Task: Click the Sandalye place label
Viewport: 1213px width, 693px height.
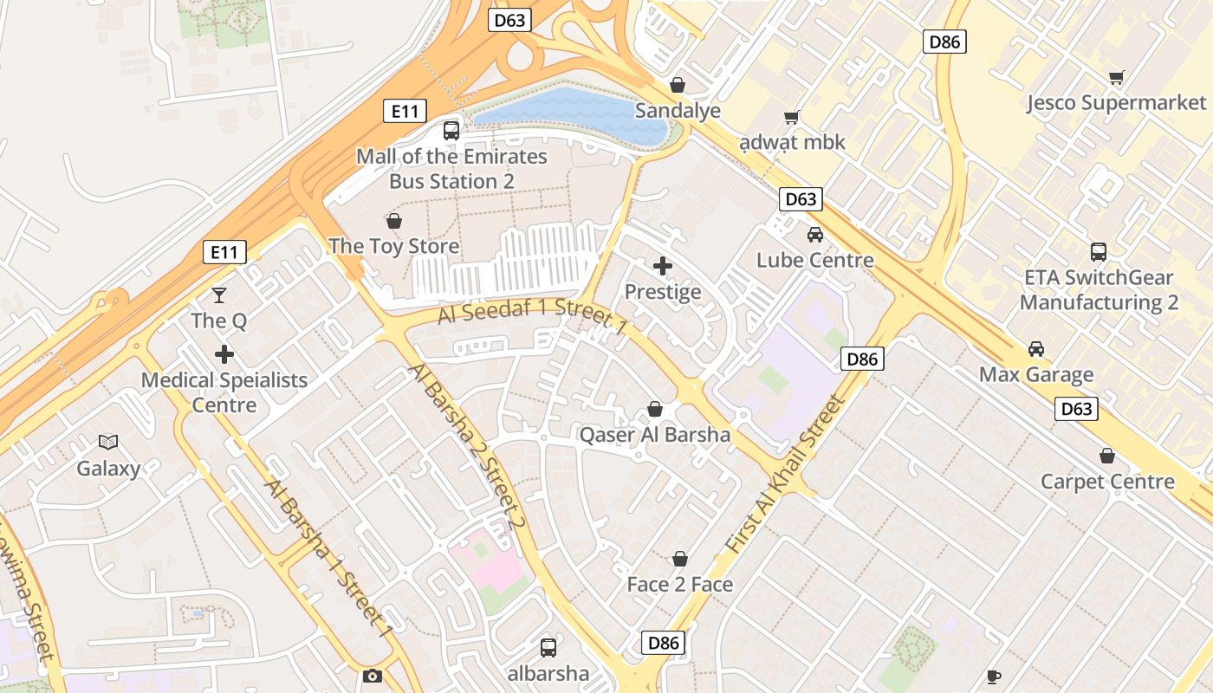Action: coord(678,111)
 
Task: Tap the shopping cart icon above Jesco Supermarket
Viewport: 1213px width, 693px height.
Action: coord(1117,78)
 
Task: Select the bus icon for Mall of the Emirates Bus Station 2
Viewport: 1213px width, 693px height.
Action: coord(451,131)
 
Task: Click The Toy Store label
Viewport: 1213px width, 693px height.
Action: coord(393,246)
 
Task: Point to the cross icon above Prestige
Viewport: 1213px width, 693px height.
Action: coord(663,266)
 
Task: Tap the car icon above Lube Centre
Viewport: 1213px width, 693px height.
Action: coord(815,234)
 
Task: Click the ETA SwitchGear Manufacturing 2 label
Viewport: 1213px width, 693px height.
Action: coord(1099,290)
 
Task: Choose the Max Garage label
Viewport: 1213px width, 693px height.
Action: coord(1036,375)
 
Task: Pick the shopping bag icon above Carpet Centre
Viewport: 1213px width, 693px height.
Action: coord(1107,456)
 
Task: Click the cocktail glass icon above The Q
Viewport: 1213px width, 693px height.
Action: coord(219,295)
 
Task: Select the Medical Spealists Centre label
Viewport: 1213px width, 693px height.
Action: coord(224,392)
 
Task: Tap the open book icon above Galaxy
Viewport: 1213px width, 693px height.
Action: coord(108,443)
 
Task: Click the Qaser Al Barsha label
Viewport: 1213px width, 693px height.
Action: coord(655,435)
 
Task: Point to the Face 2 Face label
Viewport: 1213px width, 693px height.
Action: coord(680,585)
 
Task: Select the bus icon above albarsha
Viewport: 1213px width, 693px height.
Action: coord(548,647)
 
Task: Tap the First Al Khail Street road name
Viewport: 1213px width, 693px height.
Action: coord(784,475)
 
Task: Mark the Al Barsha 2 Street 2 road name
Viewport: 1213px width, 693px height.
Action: coord(467,446)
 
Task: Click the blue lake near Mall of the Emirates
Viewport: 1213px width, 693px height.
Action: coord(572,113)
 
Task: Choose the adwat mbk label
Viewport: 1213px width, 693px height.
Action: coord(793,142)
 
